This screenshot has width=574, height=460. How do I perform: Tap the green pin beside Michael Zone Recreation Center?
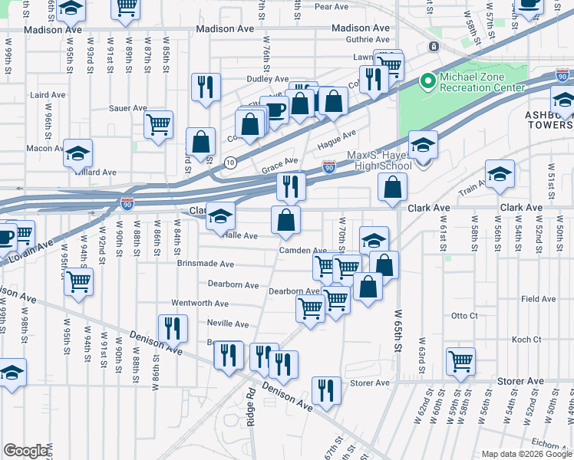427,81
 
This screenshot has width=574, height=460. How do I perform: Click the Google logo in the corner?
26,451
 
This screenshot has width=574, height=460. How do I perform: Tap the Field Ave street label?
538,299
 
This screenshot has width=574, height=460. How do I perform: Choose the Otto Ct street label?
464,315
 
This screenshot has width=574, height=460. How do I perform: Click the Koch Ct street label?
526,339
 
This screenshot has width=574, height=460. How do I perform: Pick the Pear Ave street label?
332,7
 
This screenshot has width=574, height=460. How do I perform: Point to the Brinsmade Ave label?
206,264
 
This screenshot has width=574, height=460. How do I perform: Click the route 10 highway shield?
230,162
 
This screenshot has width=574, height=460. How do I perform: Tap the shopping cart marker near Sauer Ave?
158,123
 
